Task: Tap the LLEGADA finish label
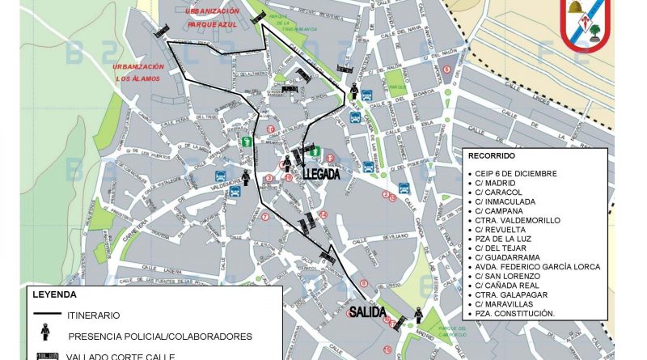coord(322,174)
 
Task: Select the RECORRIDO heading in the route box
coord(490,155)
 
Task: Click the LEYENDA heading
coord(54,294)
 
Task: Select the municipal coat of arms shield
coord(588,24)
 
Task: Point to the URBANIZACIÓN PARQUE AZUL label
coord(212,17)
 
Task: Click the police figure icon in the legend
coord(47,334)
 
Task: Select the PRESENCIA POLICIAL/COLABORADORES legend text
coord(160,336)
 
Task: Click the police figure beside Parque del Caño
coord(418,314)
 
